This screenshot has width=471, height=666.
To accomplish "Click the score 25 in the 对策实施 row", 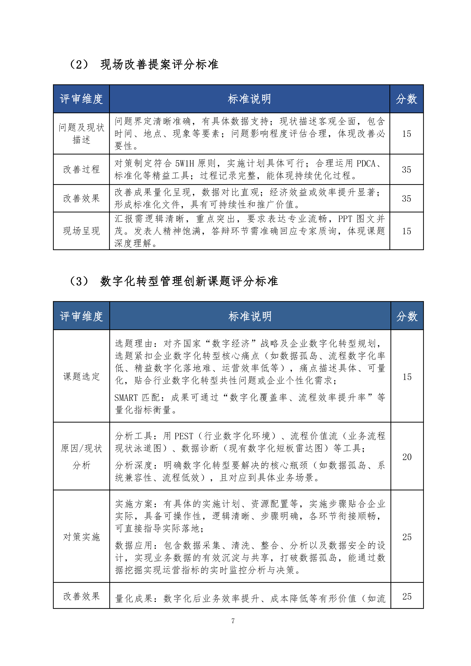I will click(x=407, y=537).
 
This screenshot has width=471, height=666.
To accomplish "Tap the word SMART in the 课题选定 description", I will click(x=126, y=397).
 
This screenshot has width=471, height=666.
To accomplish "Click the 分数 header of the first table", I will click(x=406, y=99).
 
